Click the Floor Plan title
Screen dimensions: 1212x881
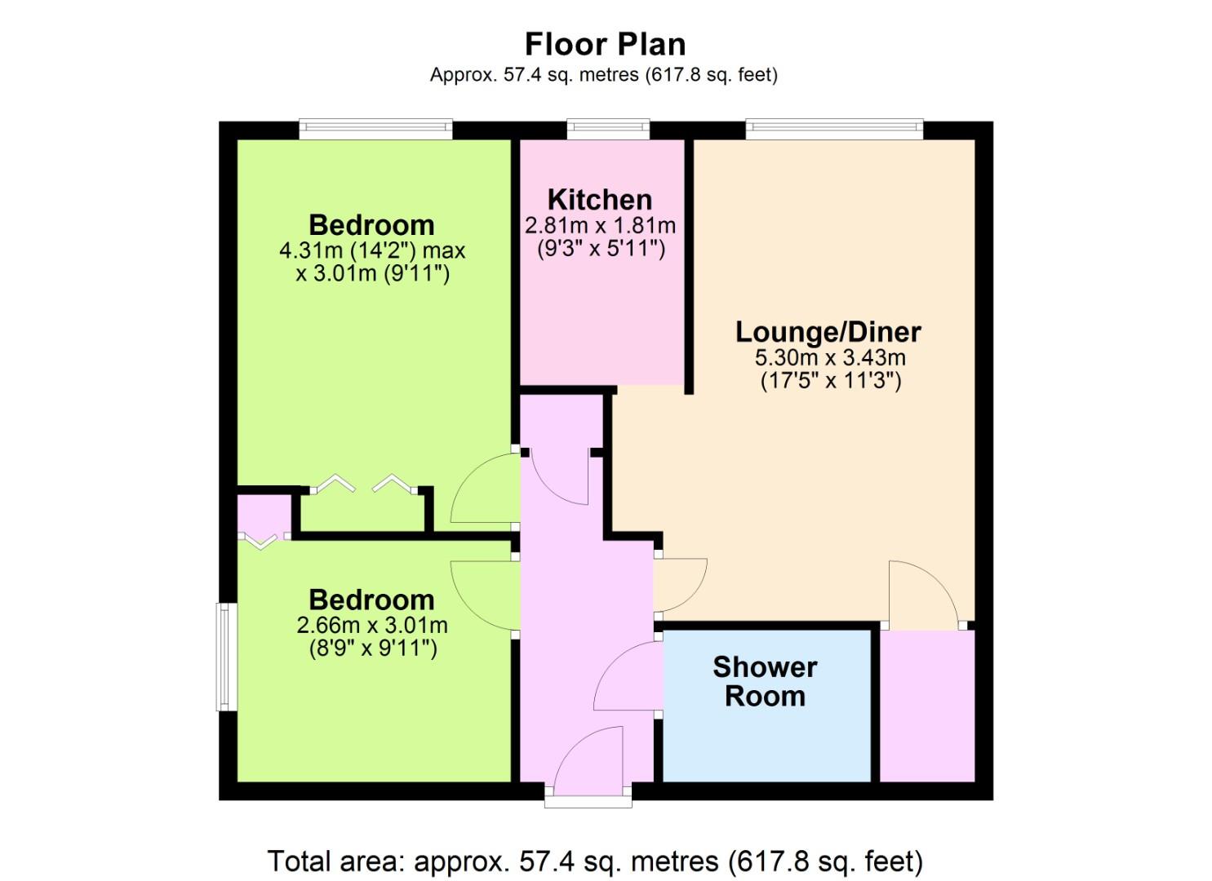point(605,44)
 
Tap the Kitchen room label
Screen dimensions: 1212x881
point(600,200)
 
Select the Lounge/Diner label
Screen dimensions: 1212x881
point(828,331)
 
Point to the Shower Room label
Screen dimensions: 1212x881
point(765,681)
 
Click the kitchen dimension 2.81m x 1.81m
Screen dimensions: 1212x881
point(600,225)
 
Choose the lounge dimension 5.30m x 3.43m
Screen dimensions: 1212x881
point(830,357)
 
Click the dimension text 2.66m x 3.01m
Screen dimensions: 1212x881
point(372,625)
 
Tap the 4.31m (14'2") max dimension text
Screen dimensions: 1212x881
point(372,250)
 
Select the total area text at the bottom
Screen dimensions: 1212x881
point(595,861)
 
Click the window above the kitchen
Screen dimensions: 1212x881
point(608,129)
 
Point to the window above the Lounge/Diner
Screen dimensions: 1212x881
point(834,129)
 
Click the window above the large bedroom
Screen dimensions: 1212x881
point(376,129)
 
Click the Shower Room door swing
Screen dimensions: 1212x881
point(628,675)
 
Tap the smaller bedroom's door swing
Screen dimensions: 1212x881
point(485,595)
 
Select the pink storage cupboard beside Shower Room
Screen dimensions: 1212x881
point(927,706)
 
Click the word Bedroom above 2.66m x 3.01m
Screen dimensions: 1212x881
point(371,600)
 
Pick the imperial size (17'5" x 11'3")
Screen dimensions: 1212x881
point(831,381)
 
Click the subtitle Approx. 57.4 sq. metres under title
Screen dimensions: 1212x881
point(603,74)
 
